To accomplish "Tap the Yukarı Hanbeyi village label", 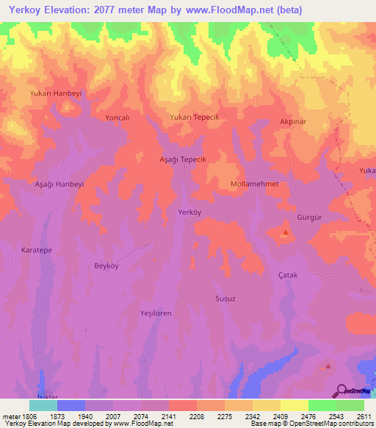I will (x=54, y=94).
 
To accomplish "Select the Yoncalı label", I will (x=117, y=118).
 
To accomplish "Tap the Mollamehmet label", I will (x=254, y=184).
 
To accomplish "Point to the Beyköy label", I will (x=106, y=265).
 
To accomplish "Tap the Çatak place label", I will (x=288, y=275).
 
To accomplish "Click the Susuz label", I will (x=225, y=299).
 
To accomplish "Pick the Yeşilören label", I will (x=156, y=313).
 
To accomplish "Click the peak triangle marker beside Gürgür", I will (x=285, y=233).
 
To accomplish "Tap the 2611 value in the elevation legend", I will (x=364, y=416).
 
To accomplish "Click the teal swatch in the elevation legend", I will (x=43, y=405).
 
